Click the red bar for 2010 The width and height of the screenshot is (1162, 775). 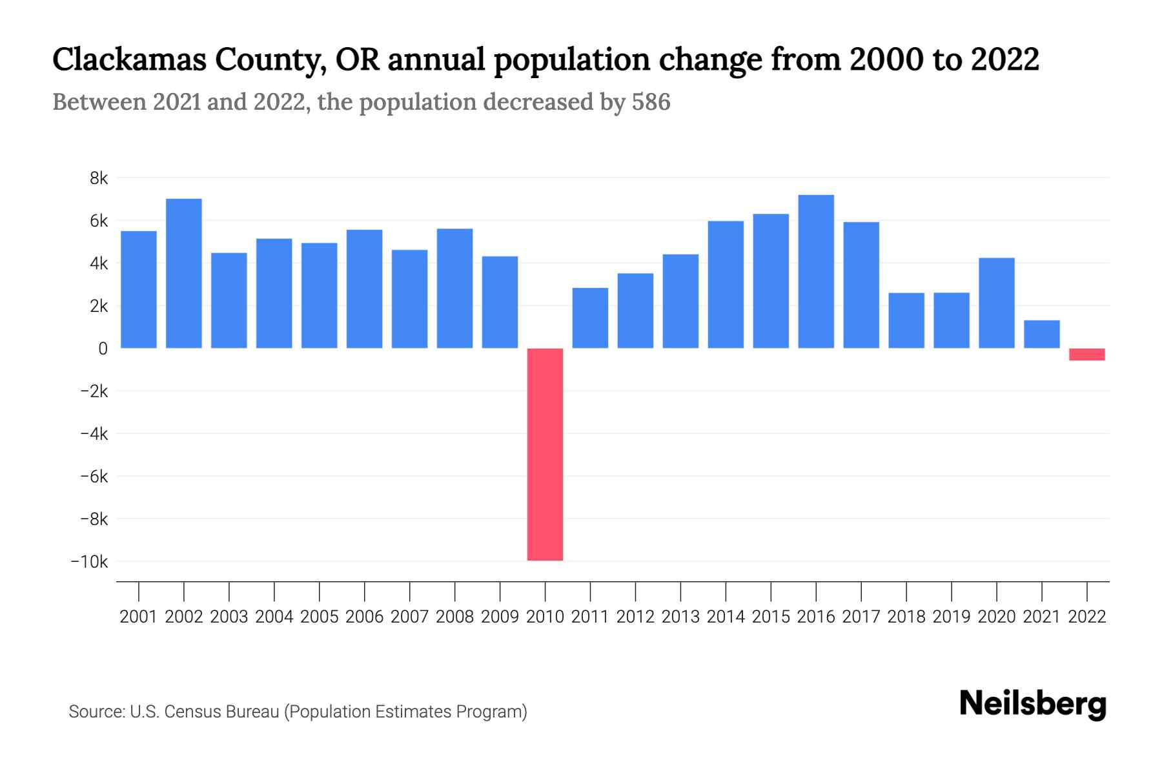pos(545,454)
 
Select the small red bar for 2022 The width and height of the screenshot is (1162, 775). pos(1086,355)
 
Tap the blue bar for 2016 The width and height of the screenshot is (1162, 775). pos(816,271)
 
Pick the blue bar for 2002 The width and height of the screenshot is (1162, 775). pos(184,273)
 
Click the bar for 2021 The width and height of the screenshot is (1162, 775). pos(1041,335)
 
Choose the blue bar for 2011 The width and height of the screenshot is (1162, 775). pos(590,318)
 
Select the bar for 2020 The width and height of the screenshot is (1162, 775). pos(996,303)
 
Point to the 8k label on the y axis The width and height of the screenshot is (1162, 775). pos(99,178)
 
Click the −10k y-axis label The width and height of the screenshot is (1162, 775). pos(90,562)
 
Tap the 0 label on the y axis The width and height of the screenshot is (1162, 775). pos(103,349)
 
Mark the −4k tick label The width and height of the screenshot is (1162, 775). pos(94,434)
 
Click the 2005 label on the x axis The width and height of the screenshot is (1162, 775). pos(319,617)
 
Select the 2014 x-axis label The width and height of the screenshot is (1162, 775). pos(726,617)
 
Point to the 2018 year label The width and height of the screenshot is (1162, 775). pos(906,617)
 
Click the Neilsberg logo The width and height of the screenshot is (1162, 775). pos(1033,704)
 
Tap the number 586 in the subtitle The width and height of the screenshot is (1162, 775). pos(651,102)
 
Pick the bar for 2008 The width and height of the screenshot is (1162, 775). pos(454,288)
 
